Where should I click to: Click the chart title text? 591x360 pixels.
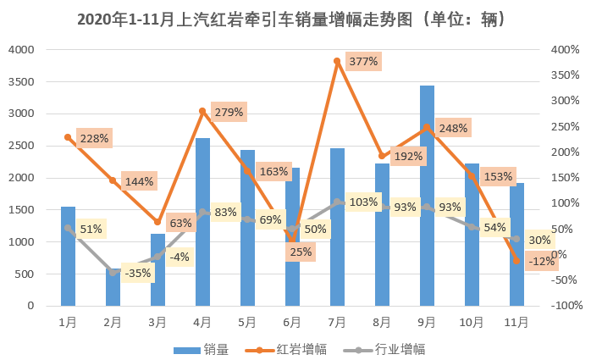[295, 18]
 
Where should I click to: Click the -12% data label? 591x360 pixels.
[540, 261]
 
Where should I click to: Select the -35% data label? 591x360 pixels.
[138, 274]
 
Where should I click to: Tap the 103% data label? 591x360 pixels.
[363, 202]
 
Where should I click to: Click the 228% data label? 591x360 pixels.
[94, 138]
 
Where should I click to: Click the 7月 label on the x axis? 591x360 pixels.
[337, 322]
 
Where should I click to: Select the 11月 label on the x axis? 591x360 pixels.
[516, 322]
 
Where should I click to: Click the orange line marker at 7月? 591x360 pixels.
[337, 61]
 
